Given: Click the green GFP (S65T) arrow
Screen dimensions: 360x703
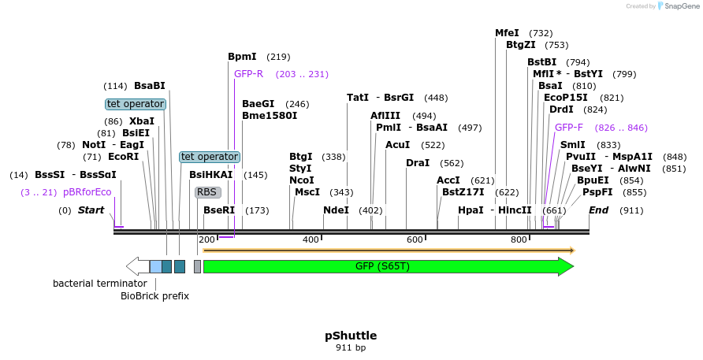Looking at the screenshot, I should pyautogui.click(x=386, y=266).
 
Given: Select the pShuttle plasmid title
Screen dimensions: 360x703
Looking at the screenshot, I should pyautogui.click(x=351, y=335).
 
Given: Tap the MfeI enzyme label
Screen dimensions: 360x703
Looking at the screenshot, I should pyautogui.click(x=507, y=33).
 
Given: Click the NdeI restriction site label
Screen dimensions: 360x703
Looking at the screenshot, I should pyautogui.click(x=336, y=210).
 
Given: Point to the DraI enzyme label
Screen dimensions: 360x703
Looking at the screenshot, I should pyautogui.click(x=418, y=163).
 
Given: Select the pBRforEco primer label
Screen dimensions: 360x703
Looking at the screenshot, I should pyautogui.click(x=87, y=192).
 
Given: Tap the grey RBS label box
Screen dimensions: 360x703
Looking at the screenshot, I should pyautogui.click(x=207, y=191).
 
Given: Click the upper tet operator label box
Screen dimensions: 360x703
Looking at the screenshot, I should pyautogui.click(x=136, y=104).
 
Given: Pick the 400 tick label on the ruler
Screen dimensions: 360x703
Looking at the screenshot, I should pyautogui.click(x=311, y=239).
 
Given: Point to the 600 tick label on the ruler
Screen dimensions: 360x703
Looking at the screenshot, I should pyautogui.click(x=415, y=239).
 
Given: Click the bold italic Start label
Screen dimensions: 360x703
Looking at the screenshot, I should pyautogui.click(x=91, y=210).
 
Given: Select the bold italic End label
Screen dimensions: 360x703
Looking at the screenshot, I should pyautogui.click(x=598, y=210).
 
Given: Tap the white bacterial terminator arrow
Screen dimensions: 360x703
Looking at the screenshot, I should pyautogui.click(x=137, y=266).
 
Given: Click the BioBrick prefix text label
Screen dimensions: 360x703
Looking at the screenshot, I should pyautogui.click(x=154, y=296).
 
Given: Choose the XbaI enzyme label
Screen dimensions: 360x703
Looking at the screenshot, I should pyautogui.click(x=142, y=121).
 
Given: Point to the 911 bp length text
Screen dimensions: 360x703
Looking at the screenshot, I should pyautogui.click(x=351, y=347).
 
